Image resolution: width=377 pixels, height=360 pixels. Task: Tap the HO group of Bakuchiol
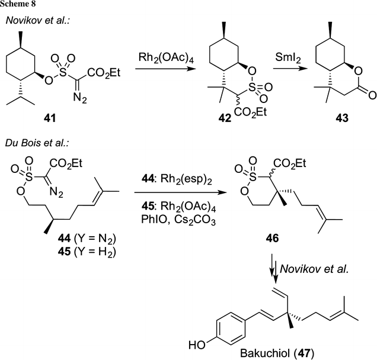[192, 343]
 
